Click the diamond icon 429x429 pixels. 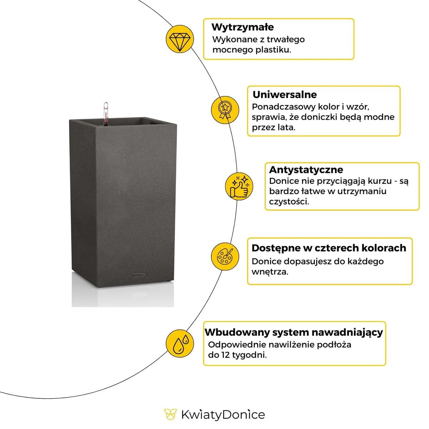180,39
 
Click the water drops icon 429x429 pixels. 180,343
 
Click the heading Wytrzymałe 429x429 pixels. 242,27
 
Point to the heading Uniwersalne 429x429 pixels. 285,95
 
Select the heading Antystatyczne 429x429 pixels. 306,169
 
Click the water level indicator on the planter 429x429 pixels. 105,113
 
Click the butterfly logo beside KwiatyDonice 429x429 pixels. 171,415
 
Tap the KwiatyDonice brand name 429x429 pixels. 223,415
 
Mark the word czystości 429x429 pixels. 289,202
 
